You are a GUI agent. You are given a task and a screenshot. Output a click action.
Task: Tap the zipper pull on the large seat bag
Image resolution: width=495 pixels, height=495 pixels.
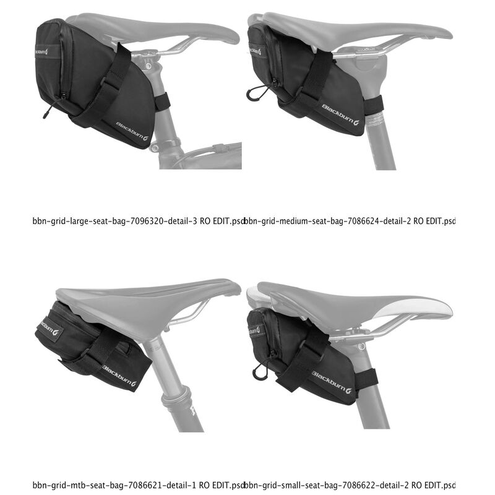click(46, 111)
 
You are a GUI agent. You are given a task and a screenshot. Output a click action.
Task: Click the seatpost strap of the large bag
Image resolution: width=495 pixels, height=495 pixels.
click(162, 101)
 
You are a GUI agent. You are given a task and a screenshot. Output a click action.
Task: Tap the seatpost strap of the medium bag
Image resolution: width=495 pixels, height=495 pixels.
click(374, 106)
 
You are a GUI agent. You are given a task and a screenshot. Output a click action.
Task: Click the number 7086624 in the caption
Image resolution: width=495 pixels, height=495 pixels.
click(362, 220)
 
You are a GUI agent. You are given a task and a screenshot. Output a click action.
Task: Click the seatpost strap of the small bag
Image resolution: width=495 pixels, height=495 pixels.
click(369, 378)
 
